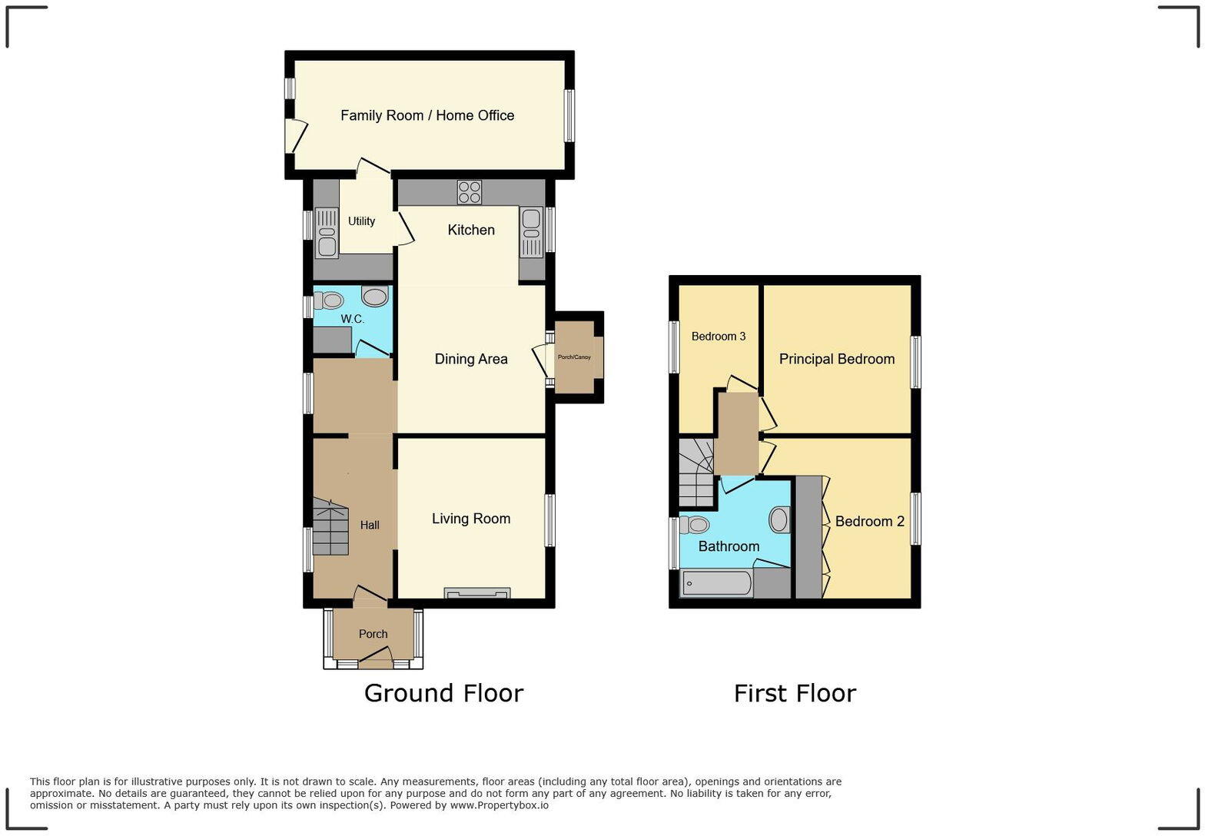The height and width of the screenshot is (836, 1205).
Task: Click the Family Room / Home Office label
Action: point(427,115)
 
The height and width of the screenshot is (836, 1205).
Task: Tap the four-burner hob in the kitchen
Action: point(469,192)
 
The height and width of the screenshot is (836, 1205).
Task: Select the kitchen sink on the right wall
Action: point(531,231)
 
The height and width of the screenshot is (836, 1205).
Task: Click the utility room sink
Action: point(327,233)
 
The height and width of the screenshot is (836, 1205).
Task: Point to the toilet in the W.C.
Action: point(329,300)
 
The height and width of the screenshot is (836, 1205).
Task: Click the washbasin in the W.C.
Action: point(375,297)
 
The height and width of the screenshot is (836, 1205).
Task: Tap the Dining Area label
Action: point(471,359)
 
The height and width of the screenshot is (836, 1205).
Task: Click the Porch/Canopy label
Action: point(574,357)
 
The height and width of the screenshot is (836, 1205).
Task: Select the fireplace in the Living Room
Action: point(476,592)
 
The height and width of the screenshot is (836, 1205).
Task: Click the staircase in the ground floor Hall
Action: point(330,527)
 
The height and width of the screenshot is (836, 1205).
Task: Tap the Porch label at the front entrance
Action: point(373,634)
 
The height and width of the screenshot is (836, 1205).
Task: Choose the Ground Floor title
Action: point(443,693)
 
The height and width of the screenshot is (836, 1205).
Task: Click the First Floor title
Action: point(795,693)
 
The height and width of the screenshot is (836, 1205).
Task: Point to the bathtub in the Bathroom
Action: point(716,583)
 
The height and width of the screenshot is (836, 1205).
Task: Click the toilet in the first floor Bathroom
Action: point(695,525)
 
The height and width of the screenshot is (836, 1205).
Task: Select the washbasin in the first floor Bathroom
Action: point(779,519)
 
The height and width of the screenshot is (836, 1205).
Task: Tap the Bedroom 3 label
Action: point(719,336)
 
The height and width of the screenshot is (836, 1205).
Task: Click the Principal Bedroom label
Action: point(837,359)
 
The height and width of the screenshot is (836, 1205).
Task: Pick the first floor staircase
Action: point(696,473)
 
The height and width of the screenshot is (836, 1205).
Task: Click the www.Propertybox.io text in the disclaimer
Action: point(499,805)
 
